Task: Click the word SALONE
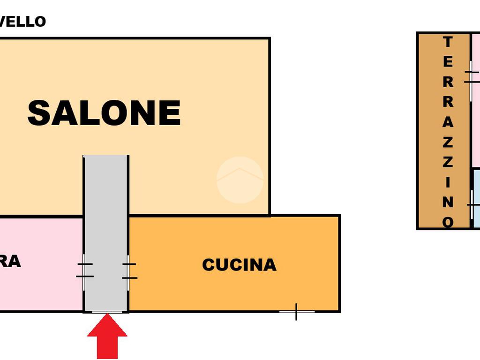coord(104,113)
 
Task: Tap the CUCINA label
coord(239,265)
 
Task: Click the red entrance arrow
coord(107,336)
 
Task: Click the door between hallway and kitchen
coord(128,271)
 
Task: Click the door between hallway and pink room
coord(84,270)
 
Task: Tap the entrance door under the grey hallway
coord(107,312)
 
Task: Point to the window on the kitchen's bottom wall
coord(297,311)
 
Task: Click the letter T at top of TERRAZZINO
coord(448,42)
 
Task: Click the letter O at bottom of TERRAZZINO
coord(448,221)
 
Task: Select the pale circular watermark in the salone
coord(240,180)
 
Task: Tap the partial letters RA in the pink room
coord(10,262)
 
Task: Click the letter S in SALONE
coord(39,113)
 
